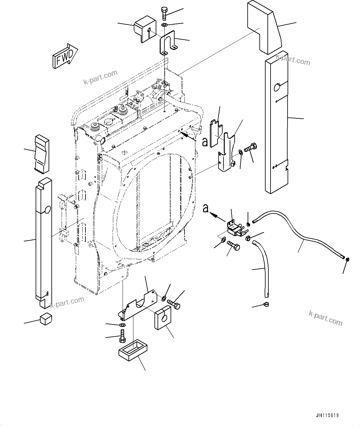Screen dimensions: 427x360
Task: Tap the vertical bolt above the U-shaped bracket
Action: coord(164,14)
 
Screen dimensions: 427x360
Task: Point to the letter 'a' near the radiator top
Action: coord(205,142)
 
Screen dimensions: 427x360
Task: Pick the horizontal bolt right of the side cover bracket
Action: coord(250,148)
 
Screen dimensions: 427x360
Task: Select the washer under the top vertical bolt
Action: coord(164,25)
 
